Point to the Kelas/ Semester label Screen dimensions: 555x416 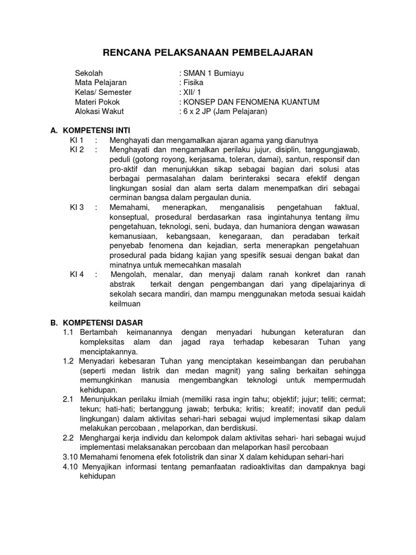[x=103, y=92]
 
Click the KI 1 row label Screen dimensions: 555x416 [x=76, y=140]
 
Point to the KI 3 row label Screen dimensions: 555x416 [x=77, y=207]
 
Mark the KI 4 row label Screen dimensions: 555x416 [x=77, y=274]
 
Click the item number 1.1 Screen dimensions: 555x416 [x=68, y=332]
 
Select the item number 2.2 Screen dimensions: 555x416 [x=68, y=437]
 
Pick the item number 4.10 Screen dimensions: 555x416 [x=70, y=467]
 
